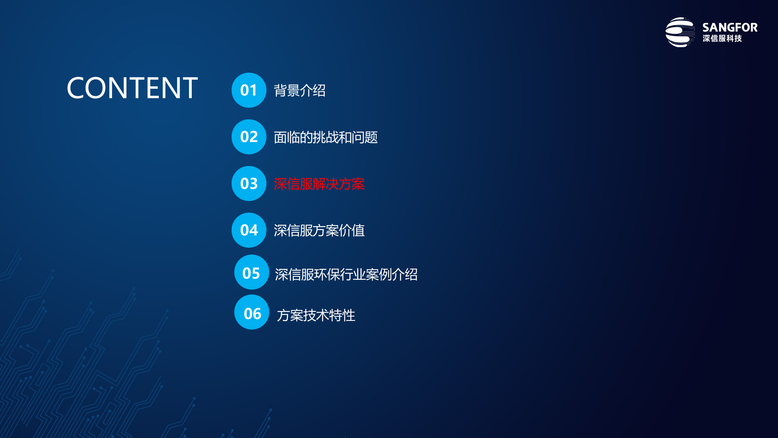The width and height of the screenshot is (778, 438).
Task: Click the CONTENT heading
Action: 132,88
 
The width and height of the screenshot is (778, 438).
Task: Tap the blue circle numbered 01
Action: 249,90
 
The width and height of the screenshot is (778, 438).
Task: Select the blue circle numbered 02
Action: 249,137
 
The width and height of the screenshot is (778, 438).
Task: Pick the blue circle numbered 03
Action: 249,183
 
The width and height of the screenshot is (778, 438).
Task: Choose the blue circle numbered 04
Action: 249,230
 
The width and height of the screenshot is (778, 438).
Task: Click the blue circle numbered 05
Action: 251,272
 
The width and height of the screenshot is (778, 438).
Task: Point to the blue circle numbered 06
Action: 252,312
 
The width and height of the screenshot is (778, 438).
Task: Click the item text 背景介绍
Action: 300,90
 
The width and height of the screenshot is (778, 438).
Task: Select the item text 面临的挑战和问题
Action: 325,137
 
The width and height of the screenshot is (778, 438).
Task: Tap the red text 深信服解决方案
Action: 319,184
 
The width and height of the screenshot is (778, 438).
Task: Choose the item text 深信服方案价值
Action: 319,230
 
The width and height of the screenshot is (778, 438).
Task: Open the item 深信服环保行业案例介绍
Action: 346,274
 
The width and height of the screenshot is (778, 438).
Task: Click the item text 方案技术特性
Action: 316,315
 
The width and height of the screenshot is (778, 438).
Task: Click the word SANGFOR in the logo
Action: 730,28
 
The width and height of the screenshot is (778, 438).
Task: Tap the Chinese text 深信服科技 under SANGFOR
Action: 722,38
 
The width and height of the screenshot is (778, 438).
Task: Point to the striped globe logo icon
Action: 679,32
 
